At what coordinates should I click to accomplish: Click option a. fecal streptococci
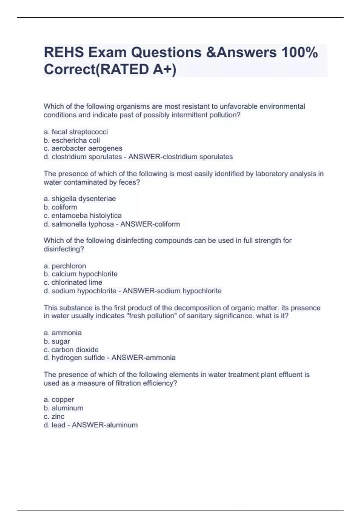76,132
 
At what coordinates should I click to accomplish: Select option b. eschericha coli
72,140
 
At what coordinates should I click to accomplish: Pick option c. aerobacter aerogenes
83,148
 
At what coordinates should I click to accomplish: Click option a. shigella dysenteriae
80,199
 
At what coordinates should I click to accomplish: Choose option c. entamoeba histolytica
82,216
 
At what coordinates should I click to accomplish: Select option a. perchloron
65,266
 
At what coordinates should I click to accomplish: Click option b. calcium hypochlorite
80,274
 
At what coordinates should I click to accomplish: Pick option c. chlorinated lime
73,283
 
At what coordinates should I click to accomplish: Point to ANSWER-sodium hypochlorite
172,291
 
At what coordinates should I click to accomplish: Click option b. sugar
57,341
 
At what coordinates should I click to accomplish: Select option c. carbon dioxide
71,350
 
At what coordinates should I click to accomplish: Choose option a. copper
59,400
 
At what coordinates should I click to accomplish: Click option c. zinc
54,417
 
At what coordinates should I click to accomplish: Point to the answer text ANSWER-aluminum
105,425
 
